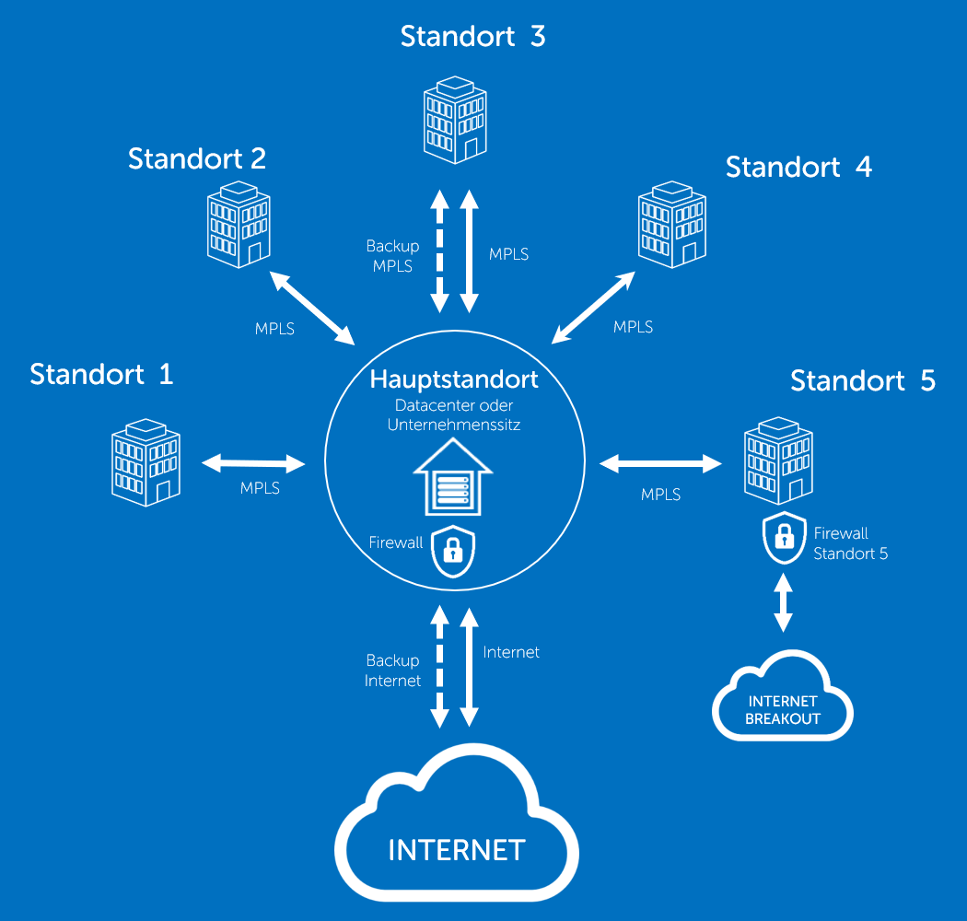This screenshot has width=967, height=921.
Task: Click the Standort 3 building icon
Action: pyautogui.click(x=455, y=120)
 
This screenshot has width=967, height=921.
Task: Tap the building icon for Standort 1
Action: pyautogui.click(x=146, y=461)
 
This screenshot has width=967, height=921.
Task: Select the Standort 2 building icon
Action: pyautogui.click(x=239, y=224)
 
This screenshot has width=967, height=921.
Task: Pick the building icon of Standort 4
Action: pyautogui.click(x=672, y=225)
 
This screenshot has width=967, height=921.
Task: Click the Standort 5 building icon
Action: pyautogui.click(x=778, y=461)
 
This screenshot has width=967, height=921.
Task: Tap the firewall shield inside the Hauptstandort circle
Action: pyautogui.click(x=452, y=551)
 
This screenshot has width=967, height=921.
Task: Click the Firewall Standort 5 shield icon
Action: pyautogui.click(x=784, y=539)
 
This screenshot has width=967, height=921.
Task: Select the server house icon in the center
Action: pyautogui.click(x=452, y=477)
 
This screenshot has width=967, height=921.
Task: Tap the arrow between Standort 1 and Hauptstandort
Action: pyautogui.click(x=253, y=462)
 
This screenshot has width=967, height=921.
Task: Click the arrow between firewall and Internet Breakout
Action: pyautogui.click(x=783, y=602)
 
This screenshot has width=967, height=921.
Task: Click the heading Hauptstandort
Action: pyautogui.click(x=454, y=379)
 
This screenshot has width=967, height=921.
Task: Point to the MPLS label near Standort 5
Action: pyautogui.click(x=660, y=495)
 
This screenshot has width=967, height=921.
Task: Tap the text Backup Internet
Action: pyautogui.click(x=392, y=670)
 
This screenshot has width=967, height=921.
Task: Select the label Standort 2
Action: pyautogui.click(x=197, y=158)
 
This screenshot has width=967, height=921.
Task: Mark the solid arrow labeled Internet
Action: pyautogui.click(x=470, y=666)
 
